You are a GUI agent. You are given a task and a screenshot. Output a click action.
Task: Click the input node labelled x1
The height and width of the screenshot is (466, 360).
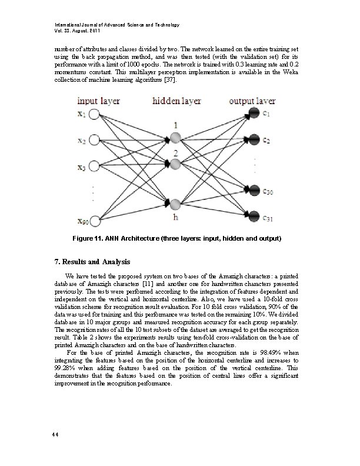[95, 114]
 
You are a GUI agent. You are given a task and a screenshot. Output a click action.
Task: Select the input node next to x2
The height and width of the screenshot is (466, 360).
[95, 141]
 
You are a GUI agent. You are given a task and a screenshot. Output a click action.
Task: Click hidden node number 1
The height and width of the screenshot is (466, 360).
[175, 138]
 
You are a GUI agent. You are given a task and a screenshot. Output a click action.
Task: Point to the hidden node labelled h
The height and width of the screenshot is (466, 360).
[175, 204]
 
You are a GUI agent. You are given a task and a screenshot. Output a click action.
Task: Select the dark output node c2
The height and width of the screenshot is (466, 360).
[254, 139]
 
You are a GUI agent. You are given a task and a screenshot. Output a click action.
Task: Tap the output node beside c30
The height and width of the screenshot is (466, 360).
[254, 189]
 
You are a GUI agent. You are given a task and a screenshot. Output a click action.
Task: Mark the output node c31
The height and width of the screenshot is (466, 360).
[254, 214]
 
